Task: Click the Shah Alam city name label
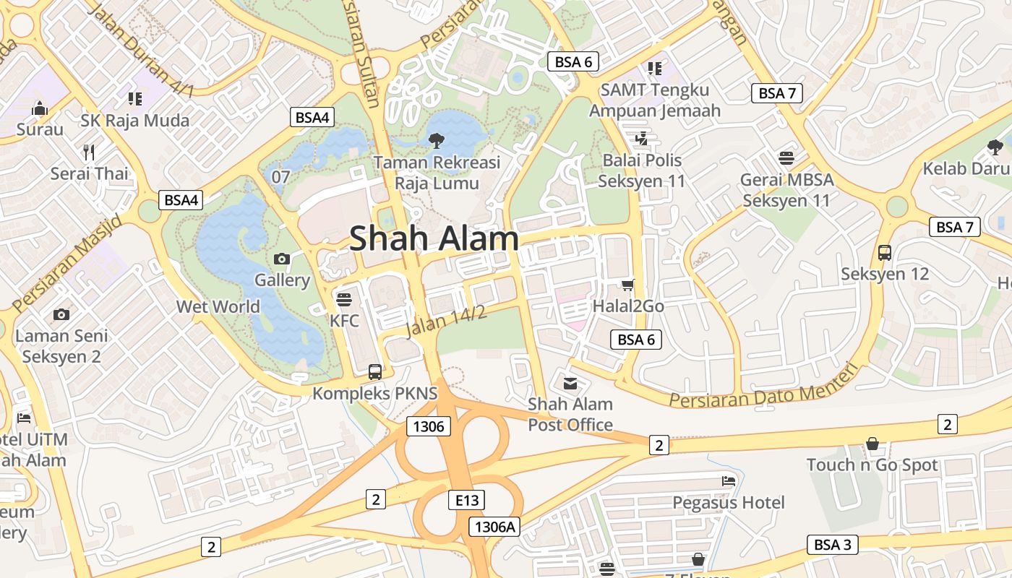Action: tap(434, 238)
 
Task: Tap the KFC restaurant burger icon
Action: tap(344, 299)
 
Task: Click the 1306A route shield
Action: tap(494, 527)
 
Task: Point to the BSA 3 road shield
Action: tap(832, 545)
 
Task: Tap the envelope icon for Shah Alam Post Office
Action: tap(570, 383)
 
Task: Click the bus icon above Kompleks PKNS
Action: tap(374, 372)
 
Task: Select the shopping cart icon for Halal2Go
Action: tap(627, 285)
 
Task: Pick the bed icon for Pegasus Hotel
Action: tap(728, 481)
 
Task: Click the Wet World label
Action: tap(218, 306)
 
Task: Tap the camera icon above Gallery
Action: tap(282, 259)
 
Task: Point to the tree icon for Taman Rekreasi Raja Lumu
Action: tap(436, 141)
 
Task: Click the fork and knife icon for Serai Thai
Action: tap(90, 152)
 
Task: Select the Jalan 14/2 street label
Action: tap(445, 322)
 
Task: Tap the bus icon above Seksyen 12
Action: tap(884, 253)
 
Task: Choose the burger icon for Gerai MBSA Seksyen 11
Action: tap(786, 158)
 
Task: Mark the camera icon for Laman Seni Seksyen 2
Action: tap(61, 314)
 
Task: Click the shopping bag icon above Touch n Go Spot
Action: tap(872, 444)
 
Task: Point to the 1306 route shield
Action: tap(429, 426)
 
